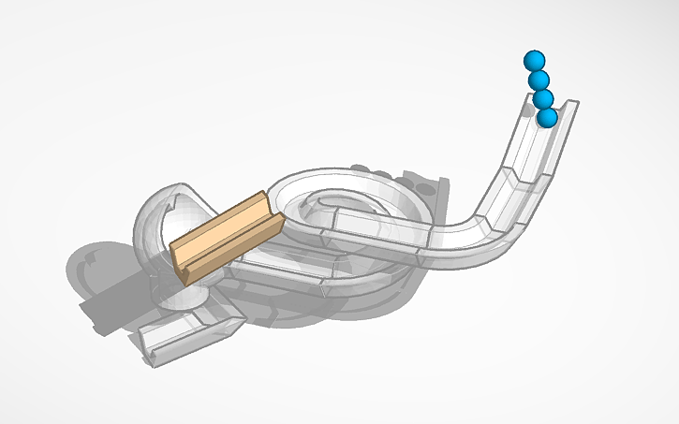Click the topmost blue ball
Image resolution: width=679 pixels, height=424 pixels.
click(534, 60)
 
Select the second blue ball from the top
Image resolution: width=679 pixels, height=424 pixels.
click(539, 80)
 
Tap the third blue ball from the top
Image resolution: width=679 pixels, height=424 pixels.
click(542, 99)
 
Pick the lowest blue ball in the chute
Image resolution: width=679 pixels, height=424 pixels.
click(547, 118)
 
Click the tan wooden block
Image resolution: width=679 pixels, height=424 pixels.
click(225, 234)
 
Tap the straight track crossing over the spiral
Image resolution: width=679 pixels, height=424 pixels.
click(375, 229)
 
